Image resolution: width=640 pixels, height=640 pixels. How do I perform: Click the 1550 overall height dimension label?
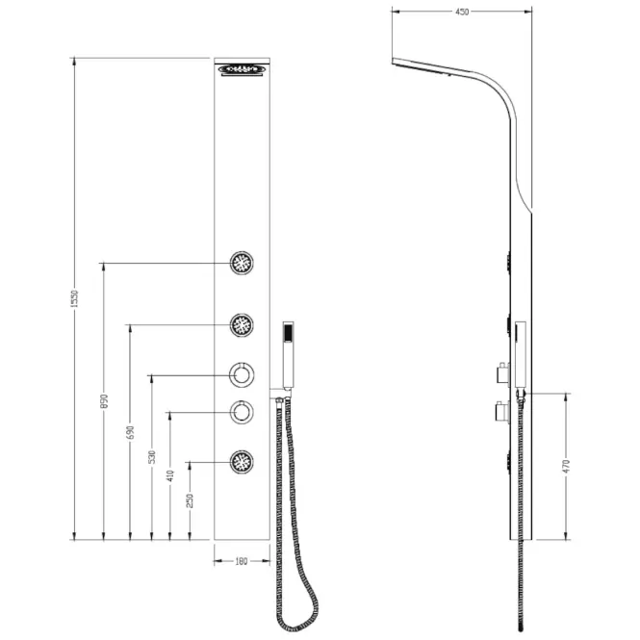pos(74,298)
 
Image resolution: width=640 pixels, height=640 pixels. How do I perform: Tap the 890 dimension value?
pos(104,401)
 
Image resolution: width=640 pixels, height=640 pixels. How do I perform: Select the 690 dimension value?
pos(130,433)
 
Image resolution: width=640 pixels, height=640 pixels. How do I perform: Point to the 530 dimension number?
pos(151,457)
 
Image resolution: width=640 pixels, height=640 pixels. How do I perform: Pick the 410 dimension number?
pos(169,475)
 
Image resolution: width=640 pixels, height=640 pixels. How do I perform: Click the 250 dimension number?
pos(190,500)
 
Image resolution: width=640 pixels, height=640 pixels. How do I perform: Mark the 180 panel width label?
pos(242,562)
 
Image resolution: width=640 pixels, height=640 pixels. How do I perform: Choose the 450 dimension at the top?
pos(462,12)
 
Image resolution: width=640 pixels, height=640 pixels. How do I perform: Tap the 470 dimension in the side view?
pos(566,466)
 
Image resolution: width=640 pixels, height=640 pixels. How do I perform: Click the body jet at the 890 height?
pos(242,263)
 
